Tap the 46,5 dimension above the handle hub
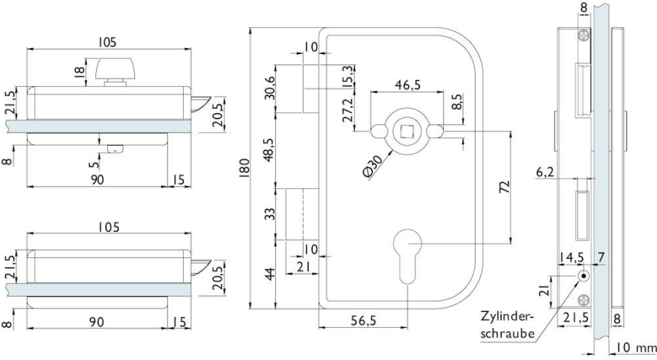click(406, 85)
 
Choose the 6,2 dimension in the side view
click(545, 172)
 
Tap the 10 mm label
click(633, 349)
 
